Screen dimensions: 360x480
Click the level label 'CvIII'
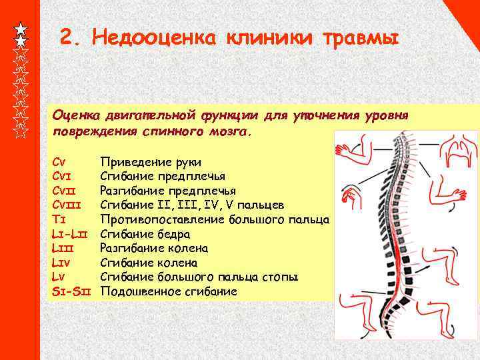click(x=69, y=205)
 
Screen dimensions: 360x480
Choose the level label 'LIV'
click(x=61, y=263)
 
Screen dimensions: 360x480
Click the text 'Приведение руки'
click(x=151, y=162)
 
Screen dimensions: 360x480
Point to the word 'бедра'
click(x=175, y=234)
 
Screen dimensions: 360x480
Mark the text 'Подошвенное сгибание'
click(x=168, y=292)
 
